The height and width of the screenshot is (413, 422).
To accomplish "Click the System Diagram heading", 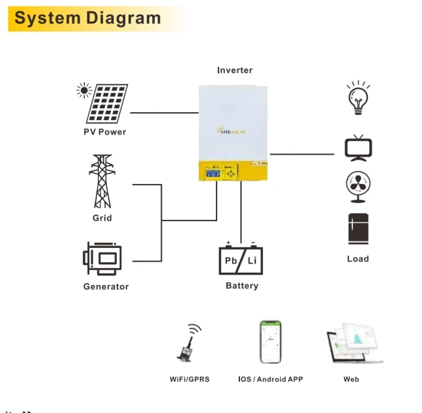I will [87, 18].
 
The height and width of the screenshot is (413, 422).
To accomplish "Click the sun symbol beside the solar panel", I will [83, 90].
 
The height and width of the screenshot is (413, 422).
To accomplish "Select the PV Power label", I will [104, 132].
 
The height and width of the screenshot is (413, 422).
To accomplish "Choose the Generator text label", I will [106, 286].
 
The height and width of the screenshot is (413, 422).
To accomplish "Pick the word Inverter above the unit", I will [235, 70].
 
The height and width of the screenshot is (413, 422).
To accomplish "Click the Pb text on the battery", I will [232, 261].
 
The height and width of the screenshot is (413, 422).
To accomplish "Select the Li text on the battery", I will [252, 261].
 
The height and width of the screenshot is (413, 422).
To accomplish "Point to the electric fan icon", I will [358, 185].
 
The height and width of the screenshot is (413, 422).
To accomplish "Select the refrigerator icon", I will [358, 229].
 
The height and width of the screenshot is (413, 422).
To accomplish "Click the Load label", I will [358, 259].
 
